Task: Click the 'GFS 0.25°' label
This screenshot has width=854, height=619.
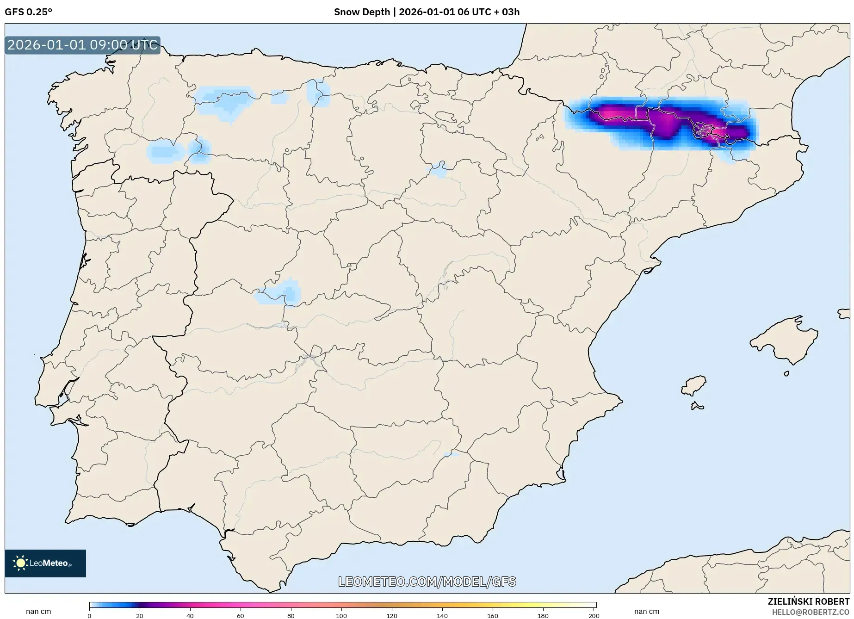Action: (28, 12)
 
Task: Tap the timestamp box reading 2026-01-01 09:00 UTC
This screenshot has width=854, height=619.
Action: (82, 45)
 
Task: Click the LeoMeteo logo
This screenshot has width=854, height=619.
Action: (45, 563)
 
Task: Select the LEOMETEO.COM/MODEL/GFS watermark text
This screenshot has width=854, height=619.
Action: (427, 582)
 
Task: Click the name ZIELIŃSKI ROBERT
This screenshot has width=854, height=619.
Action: (809, 602)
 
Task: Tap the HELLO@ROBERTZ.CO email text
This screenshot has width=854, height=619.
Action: (811, 612)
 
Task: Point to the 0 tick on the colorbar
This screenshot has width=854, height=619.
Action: (89, 615)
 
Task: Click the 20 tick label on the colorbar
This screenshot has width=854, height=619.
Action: (140, 615)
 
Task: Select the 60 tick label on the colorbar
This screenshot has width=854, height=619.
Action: (241, 615)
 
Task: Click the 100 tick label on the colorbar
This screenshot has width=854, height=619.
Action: (341, 615)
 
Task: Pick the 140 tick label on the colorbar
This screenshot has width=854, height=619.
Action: (442, 615)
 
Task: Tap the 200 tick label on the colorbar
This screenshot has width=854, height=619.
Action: (594, 615)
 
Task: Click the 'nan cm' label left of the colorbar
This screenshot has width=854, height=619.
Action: (38, 612)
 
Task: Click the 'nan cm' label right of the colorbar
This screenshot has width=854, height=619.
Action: (647, 612)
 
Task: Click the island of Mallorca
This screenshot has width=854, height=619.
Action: (784, 340)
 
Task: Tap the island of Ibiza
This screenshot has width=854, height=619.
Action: (694, 385)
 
